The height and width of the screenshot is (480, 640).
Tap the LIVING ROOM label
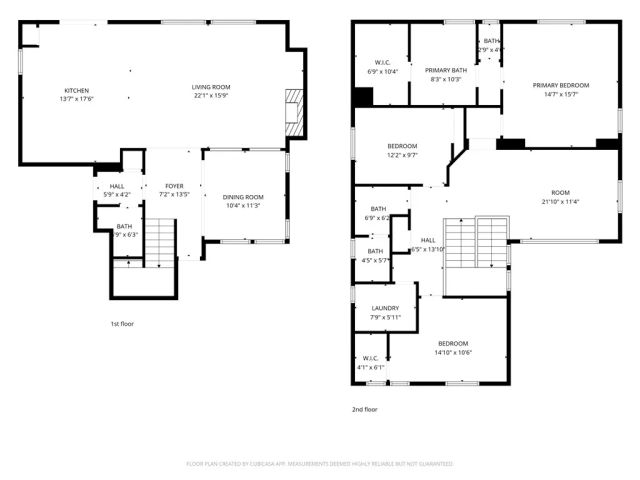point(210,89)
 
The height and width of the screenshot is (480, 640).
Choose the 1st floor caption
point(122,324)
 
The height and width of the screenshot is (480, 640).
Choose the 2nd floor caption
point(363,409)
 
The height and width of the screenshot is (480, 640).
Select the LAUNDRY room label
point(385,309)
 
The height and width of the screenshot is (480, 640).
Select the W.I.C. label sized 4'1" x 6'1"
point(371,367)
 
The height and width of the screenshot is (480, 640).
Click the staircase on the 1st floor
point(159,241)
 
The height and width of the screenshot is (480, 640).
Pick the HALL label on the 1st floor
point(117,186)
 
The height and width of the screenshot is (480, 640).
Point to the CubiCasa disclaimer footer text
point(320,464)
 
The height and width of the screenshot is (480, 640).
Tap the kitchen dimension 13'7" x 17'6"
point(76,97)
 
